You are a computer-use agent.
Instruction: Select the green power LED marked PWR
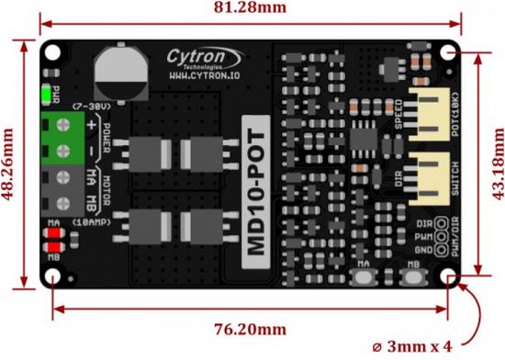46,94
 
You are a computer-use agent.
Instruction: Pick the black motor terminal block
67,188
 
